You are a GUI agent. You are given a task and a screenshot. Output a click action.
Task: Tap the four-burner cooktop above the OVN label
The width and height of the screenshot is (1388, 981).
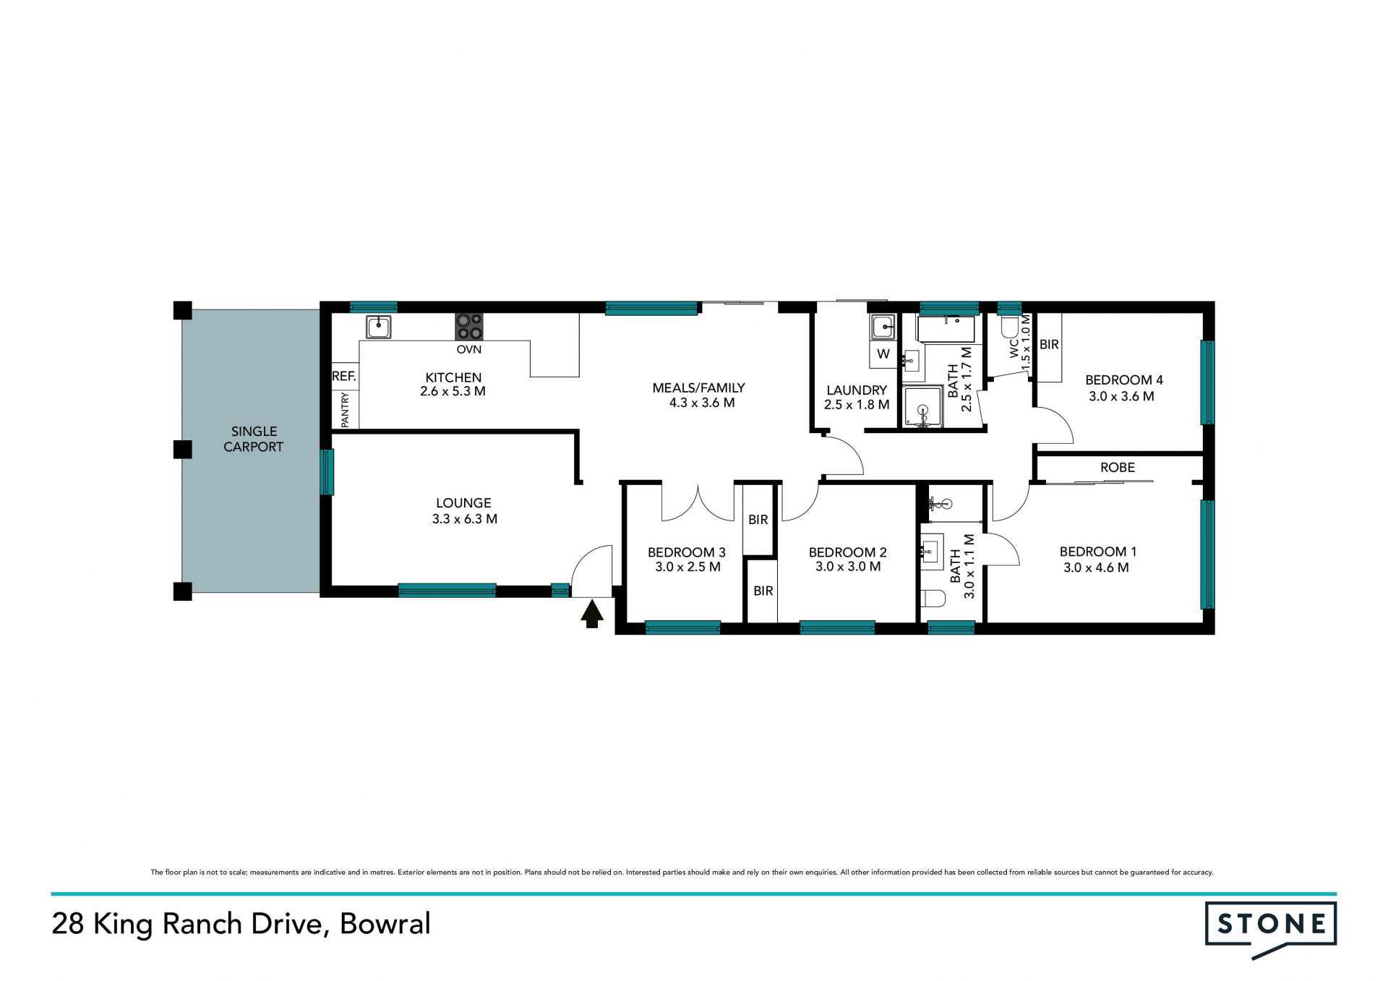coord(469,327)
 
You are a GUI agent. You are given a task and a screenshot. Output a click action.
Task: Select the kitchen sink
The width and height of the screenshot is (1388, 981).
coord(378,327)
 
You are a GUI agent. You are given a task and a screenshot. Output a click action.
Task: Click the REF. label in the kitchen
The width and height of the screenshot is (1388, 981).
coord(344,377)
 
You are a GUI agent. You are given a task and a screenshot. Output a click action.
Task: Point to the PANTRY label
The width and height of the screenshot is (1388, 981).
coord(345,410)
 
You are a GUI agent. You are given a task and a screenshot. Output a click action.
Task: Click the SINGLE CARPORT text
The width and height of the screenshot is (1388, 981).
coord(254,439)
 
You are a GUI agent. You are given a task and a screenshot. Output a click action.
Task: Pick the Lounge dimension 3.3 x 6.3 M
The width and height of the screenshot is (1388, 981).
coord(465,519)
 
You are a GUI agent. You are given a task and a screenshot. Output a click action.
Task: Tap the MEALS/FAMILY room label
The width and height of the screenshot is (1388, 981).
coord(698,388)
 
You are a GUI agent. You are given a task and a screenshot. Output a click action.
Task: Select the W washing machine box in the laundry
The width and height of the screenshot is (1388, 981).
coord(883,354)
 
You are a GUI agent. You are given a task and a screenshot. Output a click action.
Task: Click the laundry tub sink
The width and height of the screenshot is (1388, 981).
coord(883,327)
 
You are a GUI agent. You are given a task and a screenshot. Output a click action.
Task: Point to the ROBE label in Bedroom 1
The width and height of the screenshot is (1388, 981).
coord(1118,468)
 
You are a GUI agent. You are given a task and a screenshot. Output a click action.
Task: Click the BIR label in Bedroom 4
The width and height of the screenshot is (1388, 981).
coord(1049,345)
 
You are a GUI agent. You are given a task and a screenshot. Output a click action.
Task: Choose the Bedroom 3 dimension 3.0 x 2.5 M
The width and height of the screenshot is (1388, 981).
coord(687,567)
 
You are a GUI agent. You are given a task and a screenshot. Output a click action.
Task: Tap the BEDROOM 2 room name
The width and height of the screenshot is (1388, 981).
coord(848,552)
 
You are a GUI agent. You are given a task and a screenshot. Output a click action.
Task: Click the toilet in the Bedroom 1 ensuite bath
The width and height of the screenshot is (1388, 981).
coord(934,599)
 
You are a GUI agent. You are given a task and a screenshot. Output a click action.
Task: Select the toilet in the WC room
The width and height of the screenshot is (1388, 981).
coord(1010,327)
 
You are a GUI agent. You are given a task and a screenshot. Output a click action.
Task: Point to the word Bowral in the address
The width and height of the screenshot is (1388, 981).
coord(385,924)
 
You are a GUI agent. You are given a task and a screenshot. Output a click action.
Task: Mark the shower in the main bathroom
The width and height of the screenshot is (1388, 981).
coord(923,407)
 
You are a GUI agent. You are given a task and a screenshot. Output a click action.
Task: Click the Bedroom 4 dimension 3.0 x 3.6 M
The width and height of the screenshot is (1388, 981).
coord(1121,396)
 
